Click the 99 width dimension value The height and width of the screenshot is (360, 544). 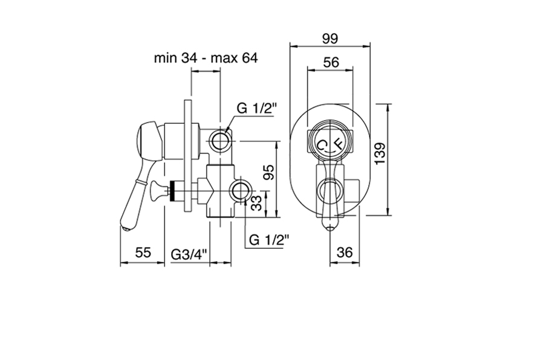point(329,38)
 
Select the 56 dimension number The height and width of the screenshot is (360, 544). point(331,62)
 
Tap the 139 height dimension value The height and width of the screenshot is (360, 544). point(380,153)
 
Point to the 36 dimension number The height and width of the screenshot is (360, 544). point(345,252)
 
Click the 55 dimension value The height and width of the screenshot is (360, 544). point(143,252)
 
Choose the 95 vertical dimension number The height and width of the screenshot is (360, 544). point(268,172)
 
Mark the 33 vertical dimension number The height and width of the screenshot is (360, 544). point(256,203)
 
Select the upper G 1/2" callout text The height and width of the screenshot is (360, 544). point(256,109)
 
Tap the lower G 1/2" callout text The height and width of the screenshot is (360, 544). point(269,240)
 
